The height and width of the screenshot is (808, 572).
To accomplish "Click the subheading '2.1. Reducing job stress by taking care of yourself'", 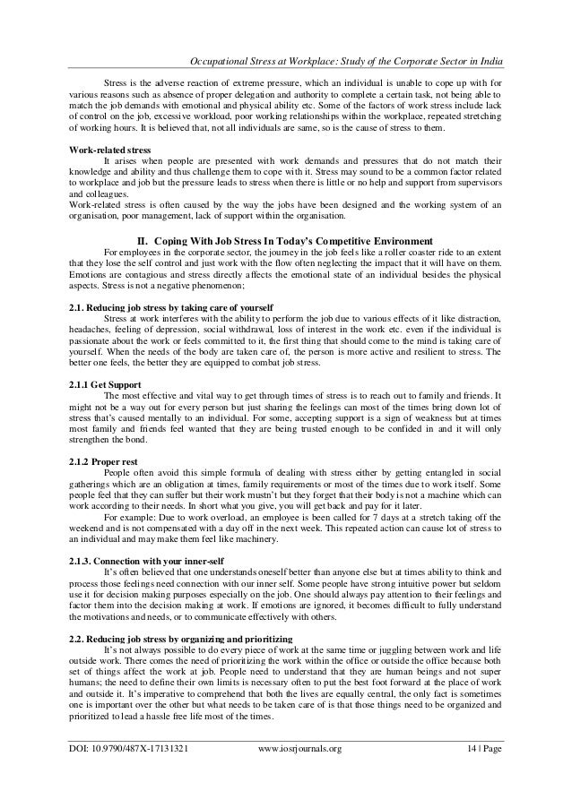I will (x=166, y=307).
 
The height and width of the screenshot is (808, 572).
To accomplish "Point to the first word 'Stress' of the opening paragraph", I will (x=117, y=82).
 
